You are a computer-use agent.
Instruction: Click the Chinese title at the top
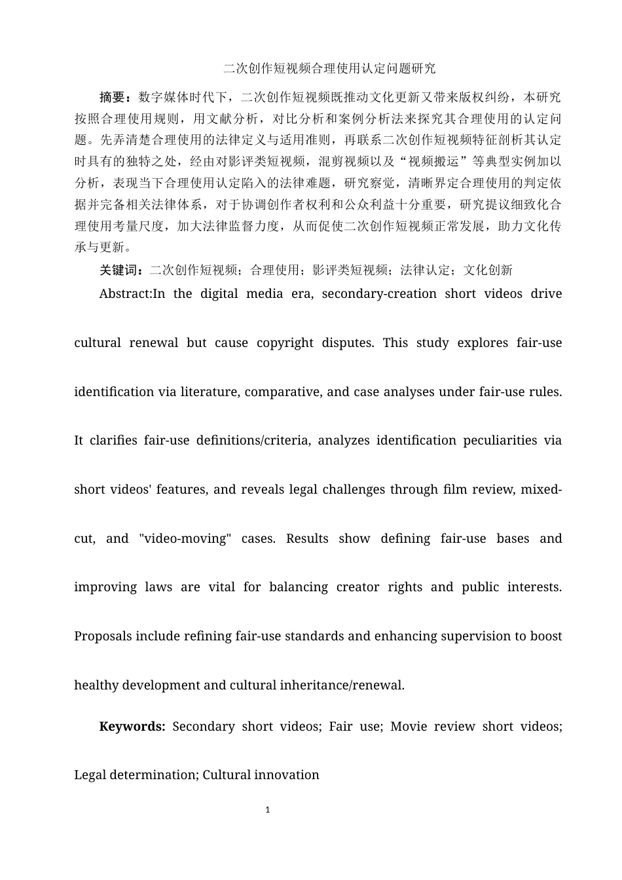[329, 68]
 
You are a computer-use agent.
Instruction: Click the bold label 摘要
[112, 98]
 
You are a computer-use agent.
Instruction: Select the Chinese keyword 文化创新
[488, 270]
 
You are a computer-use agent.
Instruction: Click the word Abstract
[124, 293]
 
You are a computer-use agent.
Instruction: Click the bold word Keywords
[132, 726]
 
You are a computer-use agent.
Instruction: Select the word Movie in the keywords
[409, 726]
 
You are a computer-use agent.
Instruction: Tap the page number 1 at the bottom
[268, 810]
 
